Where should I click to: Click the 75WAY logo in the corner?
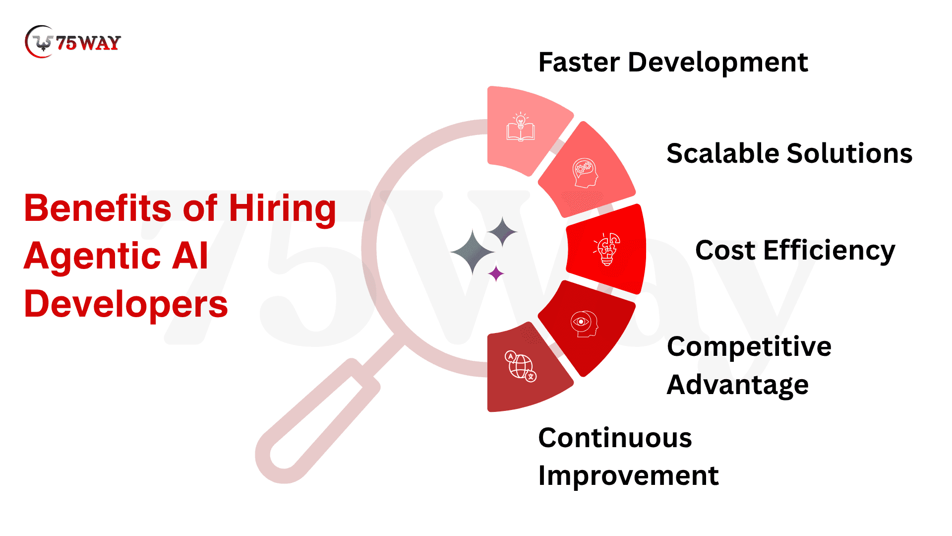point(73,42)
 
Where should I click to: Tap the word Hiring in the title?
point(282,208)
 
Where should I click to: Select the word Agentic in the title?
point(92,256)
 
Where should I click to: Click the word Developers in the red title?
point(126,304)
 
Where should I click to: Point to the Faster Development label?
point(673,63)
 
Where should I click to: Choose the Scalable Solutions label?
point(789,153)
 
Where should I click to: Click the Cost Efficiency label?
point(795,251)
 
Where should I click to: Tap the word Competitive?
point(749,346)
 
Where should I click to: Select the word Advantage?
point(738,385)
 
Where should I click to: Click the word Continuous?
point(615,438)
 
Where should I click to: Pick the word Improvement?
point(628,476)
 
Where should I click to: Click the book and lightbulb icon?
point(521,127)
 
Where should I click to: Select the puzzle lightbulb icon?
point(607,249)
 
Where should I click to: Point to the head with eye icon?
point(585,324)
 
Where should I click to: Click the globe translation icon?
point(521,366)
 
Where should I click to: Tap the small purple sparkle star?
point(496,273)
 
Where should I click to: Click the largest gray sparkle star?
point(473,252)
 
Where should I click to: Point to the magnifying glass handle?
point(317,421)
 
